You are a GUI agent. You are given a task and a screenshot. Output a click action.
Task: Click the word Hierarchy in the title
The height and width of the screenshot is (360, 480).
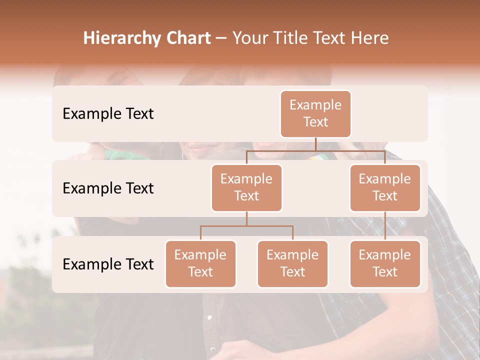121,38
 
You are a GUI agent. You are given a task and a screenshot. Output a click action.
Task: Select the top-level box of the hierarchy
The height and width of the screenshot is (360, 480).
315,114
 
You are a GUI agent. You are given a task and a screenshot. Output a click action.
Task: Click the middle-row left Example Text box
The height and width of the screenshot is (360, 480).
246,188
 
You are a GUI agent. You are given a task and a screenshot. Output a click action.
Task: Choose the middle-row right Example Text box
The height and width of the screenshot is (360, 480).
385,188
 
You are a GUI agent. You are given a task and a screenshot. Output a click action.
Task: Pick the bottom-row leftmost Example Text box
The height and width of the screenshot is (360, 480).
200,264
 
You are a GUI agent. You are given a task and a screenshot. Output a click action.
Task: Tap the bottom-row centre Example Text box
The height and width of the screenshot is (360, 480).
292,264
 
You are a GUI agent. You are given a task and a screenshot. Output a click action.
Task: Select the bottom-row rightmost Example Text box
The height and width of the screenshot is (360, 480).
385,264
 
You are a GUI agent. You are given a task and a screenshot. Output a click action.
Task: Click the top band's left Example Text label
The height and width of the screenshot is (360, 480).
108,114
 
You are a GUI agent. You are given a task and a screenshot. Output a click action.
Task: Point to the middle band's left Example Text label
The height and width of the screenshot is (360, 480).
108,188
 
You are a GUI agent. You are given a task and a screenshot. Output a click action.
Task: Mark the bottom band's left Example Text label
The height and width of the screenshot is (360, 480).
108,264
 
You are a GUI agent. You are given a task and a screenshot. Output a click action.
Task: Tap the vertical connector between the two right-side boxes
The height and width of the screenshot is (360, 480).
385,226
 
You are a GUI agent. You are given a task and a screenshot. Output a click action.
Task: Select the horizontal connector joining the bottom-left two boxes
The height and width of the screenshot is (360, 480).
246,226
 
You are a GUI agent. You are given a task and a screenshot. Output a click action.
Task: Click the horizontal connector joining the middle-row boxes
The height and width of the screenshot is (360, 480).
315,150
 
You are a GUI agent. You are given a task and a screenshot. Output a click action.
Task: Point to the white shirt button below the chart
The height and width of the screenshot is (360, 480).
209,317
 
